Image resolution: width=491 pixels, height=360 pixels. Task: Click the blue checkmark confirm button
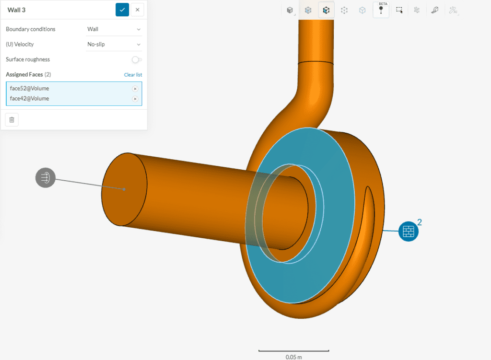(x=122, y=10)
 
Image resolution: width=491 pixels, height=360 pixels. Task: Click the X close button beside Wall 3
(x=137, y=10)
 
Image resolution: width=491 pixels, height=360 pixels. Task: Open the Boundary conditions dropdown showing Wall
(x=114, y=29)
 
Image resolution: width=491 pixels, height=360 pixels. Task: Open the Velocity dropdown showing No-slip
(x=114, y=44)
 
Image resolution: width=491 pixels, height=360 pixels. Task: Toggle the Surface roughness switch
(x=137, y=59)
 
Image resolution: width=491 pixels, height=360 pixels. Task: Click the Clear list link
(x=133, y=75)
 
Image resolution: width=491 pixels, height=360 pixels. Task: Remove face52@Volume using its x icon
(x=135, y=89)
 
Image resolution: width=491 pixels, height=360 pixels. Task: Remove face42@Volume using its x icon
(x=135, y=99)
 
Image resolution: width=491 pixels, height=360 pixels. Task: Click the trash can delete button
(x=12, y=119)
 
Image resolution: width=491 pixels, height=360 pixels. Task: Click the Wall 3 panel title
(x=16, y=10)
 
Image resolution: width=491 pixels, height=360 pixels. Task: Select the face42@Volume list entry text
(x=29, y=99)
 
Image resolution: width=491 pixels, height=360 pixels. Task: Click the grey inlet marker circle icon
(x=45, y=177)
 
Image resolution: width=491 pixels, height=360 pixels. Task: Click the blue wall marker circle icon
(x=408, y=232)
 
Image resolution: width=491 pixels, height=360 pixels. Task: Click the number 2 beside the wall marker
(x=420, y=222)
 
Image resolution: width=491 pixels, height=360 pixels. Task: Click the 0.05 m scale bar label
(x=293, y=357)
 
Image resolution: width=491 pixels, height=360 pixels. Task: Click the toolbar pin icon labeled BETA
(x=381, y=10)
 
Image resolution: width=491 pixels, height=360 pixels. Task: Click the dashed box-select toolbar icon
(x=399, y=10)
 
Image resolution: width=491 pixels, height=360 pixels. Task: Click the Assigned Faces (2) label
(x=28, y=75)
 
